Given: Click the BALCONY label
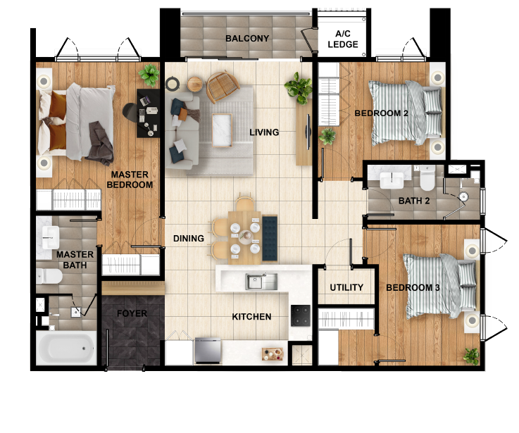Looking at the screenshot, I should [247, 39].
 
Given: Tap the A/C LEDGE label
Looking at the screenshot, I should [343, 39].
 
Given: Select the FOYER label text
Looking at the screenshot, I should [132, 313].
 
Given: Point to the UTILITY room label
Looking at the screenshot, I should [346, 287].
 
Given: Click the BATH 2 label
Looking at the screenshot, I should [414, 201].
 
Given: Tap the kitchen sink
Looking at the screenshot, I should [256, 282].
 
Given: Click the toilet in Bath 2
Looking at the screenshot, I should [426, 180].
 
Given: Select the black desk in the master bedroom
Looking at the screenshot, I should [149, 113].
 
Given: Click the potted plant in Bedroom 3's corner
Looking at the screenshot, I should [470, 356].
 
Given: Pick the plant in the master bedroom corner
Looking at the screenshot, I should [149, 74].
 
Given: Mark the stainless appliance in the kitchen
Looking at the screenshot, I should [208, 348].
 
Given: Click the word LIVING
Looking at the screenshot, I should [264, 132].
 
